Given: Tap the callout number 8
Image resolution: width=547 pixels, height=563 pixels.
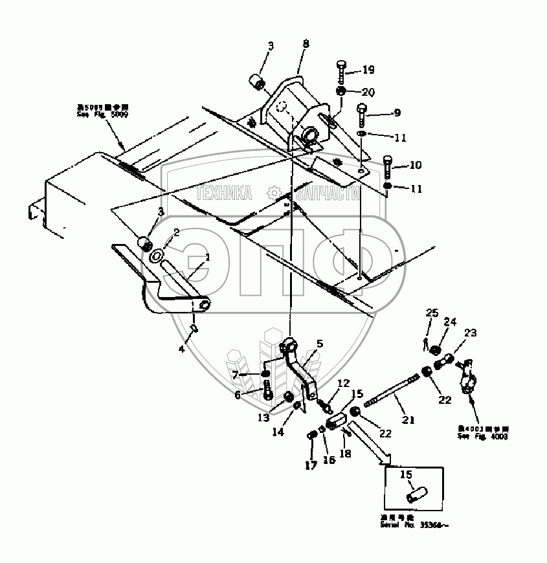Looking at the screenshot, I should coord(306,44).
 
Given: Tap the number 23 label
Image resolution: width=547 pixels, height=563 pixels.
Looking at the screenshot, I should coord(470,333).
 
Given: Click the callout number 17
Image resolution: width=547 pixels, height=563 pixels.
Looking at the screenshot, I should coord(310,465).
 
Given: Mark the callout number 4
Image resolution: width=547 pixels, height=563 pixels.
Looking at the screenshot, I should coord(182,349).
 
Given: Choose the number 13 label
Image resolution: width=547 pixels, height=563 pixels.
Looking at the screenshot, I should coord(263,417).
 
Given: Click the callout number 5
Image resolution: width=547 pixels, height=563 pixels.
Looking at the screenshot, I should coord(318,343).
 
